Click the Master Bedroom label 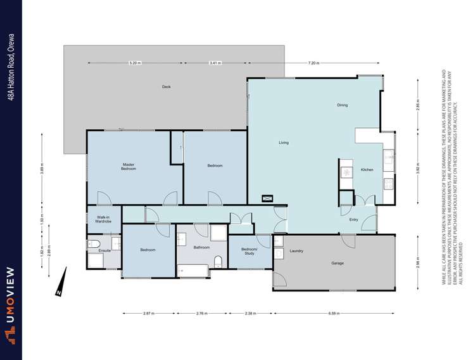[x=129, y=167]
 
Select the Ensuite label [x=104, y=250]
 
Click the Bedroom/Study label [x=249, y=250]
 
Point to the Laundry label [x=296, y=251]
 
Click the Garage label [x=338, y=262]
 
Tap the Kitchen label [x=367, y=170]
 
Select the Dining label [x=342, y=105]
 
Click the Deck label [x=166, y=87]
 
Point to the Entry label [x=353, y=219]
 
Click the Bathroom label [x=202, y=247]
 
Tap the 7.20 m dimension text [x=313, y=63]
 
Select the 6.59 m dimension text [x=335, y=313]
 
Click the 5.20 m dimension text [x=134, y=63]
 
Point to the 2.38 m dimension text [x=250, y=313]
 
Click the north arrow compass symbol [x=60, y=282]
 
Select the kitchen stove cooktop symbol [x=347, y=171]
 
